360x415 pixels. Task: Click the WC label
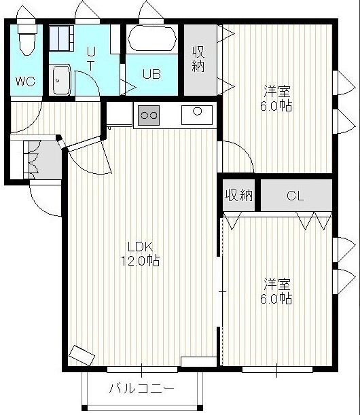(25, 82)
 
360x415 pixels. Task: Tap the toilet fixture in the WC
(27, 38)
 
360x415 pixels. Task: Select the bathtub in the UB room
(152, 39)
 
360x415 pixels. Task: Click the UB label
(151, 74)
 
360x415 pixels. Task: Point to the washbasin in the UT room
(62, 79)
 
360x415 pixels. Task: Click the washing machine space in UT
(61, 38)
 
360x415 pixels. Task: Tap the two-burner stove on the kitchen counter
(149, 115)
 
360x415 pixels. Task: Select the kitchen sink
(197, 115)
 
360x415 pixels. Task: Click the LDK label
(141, 247)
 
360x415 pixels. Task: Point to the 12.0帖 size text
(141, 260)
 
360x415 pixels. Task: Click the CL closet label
(295, 196)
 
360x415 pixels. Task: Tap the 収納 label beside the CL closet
(239, 196)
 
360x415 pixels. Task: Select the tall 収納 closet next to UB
(200, 60)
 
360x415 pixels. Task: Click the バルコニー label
(142, 389)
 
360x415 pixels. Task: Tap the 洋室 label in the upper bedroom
(277, 91)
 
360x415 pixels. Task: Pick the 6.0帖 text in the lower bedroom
(276, 299)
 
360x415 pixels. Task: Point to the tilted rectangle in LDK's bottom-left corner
(82, 355)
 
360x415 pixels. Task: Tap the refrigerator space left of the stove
(119, 114)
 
